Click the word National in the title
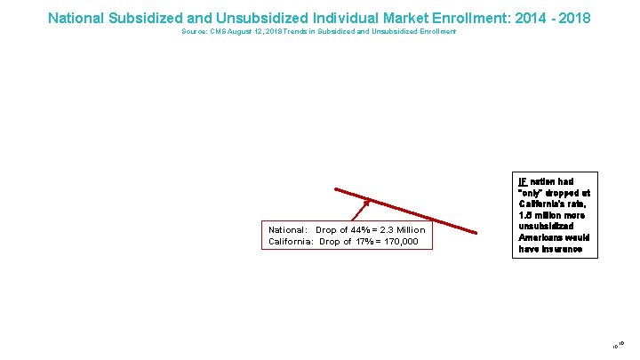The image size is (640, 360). point(77,18)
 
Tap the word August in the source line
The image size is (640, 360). point(242,32)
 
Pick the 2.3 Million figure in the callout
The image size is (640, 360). point(403,230)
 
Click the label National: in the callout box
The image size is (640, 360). point(288,230)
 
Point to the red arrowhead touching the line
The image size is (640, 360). point(365,203)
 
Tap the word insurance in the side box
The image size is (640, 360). point(560,250)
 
